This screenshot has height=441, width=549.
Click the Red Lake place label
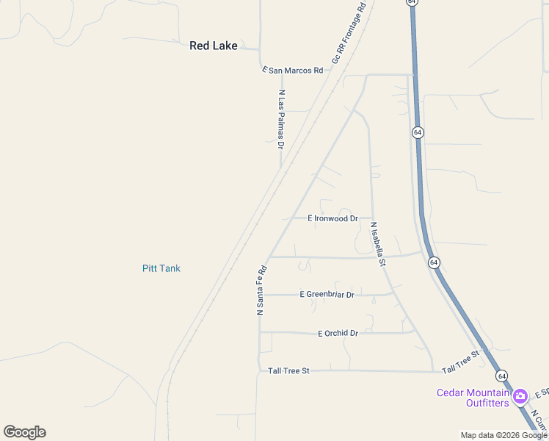coord(214,46)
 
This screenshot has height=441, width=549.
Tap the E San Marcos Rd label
coord(293,70)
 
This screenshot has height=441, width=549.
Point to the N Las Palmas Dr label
coord(281,119)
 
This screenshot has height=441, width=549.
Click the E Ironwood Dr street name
coord(332,218)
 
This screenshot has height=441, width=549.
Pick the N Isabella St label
coord(378,244)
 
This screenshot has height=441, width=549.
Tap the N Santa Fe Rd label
coord(261,290)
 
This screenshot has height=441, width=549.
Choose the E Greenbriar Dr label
coord(327,295)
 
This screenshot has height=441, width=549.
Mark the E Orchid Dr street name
coord(338,333)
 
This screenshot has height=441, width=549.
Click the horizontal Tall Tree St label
coord(288,371)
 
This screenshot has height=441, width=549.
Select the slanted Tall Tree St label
coord(460,361)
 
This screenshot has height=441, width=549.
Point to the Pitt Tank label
coord(161,268)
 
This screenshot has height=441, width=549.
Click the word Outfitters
coord(490,403)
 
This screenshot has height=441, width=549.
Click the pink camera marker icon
coord(520,397)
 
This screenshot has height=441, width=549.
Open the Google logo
coord(24,431)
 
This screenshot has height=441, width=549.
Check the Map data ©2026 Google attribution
coord(503,435)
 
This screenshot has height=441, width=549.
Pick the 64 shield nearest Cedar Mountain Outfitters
coord(502,376)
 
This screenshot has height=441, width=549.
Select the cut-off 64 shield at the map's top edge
coord(413,3)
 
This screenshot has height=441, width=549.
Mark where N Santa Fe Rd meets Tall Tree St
coord(259,370)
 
